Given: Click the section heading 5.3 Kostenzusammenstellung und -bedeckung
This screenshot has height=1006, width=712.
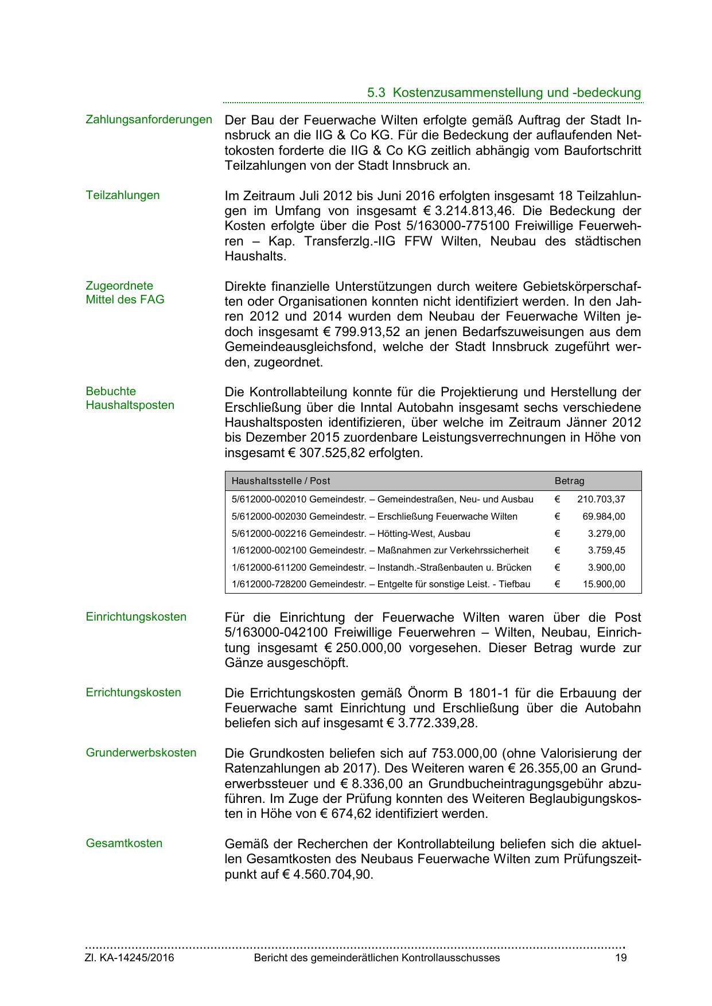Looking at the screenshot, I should point(504,93).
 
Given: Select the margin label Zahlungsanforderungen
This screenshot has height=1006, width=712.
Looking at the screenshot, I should point(149,120).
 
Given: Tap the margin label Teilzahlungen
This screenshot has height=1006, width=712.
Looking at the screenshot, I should point(122,195).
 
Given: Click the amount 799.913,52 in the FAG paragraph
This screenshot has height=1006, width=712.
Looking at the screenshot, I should point(364,332).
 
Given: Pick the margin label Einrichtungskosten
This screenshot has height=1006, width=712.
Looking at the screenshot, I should point(136,617).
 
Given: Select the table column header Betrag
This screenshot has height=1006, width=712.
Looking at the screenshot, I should point(569,481).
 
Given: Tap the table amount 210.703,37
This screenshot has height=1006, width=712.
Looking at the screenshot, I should point(601,500).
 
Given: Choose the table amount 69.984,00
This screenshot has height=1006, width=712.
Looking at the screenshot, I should point(604,517).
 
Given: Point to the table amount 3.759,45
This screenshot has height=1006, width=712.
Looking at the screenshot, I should point(606,551).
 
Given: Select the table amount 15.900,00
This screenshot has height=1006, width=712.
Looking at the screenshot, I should point(604,585).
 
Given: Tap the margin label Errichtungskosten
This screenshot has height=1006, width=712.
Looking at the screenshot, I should point(133,692).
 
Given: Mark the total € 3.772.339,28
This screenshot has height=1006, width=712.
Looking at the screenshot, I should point(431,723).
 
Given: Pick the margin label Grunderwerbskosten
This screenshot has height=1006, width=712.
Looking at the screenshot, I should point(141,752).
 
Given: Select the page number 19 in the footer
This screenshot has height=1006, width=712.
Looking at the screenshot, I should point(620,958).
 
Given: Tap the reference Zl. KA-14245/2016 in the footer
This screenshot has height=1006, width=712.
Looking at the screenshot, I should point(130,958).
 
